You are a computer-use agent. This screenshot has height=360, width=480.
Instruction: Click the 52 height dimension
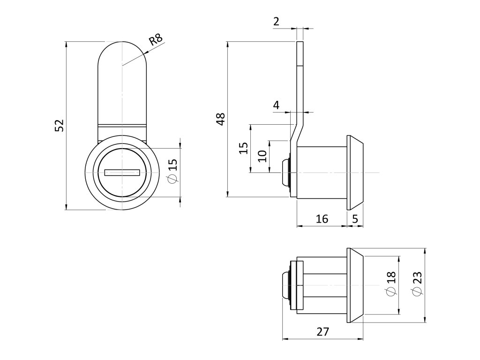pyautogui.click(x=59, y=126)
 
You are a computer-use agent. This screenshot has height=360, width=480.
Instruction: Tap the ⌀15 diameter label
pyautogui.click(x=172, y=171)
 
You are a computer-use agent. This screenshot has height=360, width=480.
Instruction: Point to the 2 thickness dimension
pyautogui.click(x=276, y=21)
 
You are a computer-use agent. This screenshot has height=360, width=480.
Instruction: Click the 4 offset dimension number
pyautogui.click(x=276, y=105)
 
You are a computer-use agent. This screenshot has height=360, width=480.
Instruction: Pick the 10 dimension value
pyautogui.click(x=262, y=156)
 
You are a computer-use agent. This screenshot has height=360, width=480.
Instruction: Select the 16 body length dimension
pyautogui.click(x=322, y=218)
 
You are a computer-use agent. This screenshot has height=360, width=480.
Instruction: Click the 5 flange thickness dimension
pyautogui.click(x=355, y=218)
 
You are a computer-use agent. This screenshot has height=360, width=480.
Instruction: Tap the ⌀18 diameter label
pyautogui.click(x=391, y=284)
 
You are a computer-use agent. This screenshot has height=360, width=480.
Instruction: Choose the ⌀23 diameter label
pyautogui.click(x=418, y=284)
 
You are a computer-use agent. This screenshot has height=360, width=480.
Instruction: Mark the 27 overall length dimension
pyautogui.click(x=322, y=331)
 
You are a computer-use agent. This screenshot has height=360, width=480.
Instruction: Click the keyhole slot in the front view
pyautogui.click(x=122, y=172)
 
